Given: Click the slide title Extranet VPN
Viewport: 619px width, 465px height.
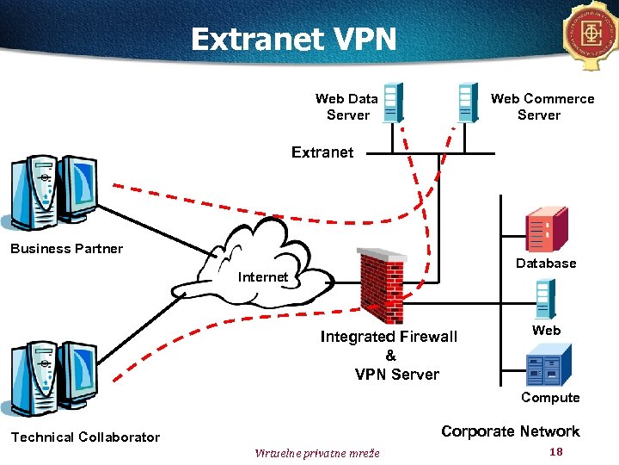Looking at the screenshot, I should pos(293,39).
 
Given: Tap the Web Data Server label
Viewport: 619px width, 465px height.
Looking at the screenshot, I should pos(347,107).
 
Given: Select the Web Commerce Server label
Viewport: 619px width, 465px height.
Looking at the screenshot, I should pos(542,107).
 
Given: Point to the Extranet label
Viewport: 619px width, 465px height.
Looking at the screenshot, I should pos(322,152).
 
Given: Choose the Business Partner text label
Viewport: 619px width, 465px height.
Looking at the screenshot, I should pos(66,249).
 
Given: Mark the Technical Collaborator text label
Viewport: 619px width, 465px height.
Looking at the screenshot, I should pos(85,437).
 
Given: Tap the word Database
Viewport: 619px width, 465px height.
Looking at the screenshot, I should pos(546,263).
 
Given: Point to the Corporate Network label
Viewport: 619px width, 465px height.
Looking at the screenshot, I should pos(510,431).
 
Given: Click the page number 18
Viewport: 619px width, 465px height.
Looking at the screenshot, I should pos(555,452).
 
